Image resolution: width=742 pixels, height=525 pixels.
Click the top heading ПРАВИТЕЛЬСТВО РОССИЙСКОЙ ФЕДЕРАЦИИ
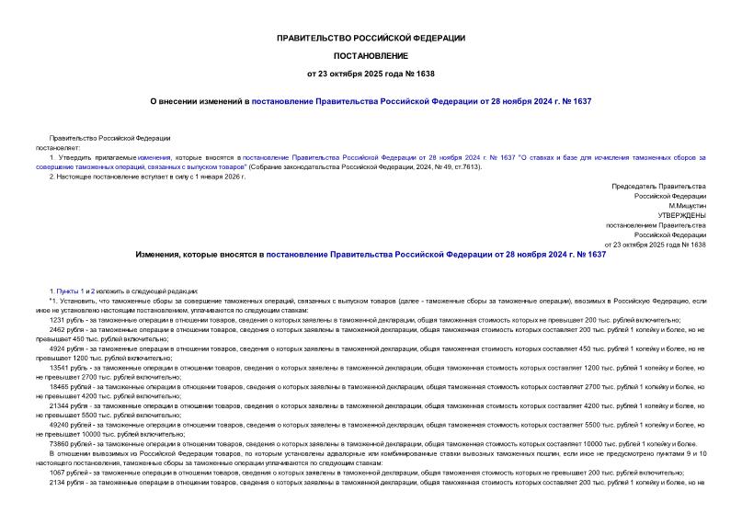[371, 38]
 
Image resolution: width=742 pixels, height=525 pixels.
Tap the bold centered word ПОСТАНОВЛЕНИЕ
[371, 56]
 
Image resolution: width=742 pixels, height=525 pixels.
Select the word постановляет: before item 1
[59, 147]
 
